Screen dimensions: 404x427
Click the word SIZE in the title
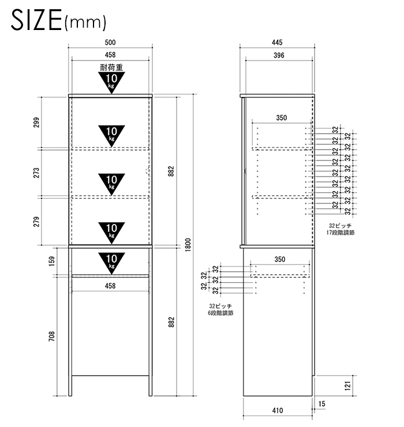pos(36,20)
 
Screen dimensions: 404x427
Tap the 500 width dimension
pos(110,43)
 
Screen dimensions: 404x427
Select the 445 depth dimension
pos(277,43)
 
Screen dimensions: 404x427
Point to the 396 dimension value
pos(279,55)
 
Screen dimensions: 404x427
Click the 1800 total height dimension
pos(188,245)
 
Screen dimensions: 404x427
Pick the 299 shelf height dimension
pos(36,122)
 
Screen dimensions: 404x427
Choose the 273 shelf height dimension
pos(36,173)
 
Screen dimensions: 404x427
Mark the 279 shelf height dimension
pos(36,222)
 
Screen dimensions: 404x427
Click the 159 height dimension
pos(52,261)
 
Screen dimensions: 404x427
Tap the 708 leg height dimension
pos(52,336)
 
